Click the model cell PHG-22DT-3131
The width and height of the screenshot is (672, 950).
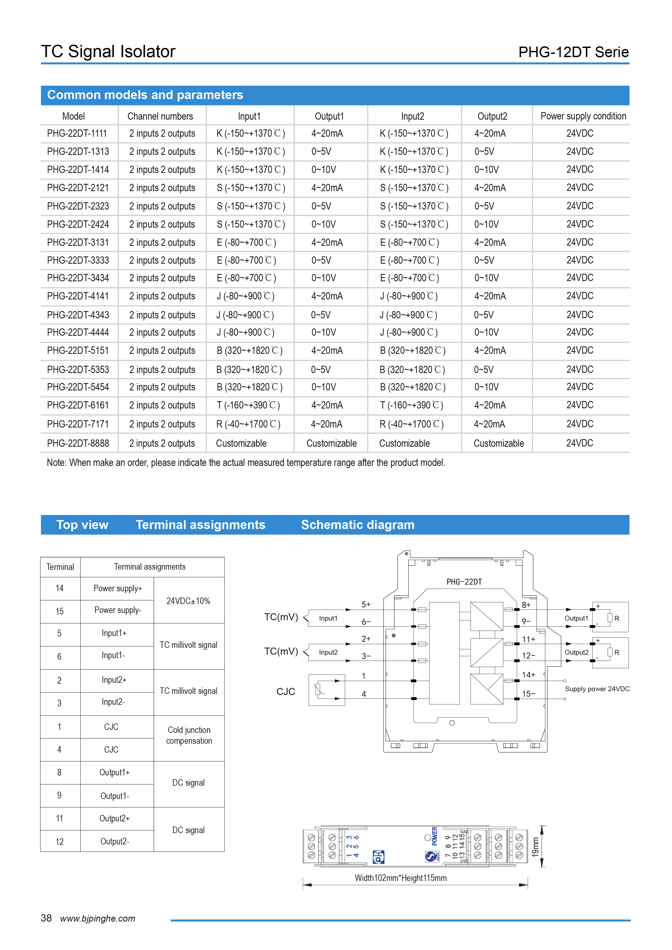click(78, 243)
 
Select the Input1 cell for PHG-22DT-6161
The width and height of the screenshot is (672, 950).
click(248, 405)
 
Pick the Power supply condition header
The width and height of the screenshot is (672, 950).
click(583, 116)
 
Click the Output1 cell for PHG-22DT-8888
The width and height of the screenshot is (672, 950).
click(331, 443)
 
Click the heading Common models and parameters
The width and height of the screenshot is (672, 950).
click(145, 95)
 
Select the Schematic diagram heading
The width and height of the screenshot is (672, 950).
click(357, 525)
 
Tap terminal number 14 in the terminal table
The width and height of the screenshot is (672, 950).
click(60, 588)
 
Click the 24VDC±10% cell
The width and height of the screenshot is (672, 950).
click(188, 601)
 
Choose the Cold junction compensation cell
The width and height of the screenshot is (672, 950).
click(189, 735)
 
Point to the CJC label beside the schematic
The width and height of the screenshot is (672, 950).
click(286, 691)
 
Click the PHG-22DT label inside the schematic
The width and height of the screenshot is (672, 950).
click(464, 582)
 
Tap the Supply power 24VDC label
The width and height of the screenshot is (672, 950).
click(597, 689)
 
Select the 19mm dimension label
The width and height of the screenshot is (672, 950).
click(536, 847)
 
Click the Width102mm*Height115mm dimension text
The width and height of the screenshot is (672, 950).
click(400, 878)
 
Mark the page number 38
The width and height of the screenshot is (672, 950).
click(46, 918)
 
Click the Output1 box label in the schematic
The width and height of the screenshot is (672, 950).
click(576, 618)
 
